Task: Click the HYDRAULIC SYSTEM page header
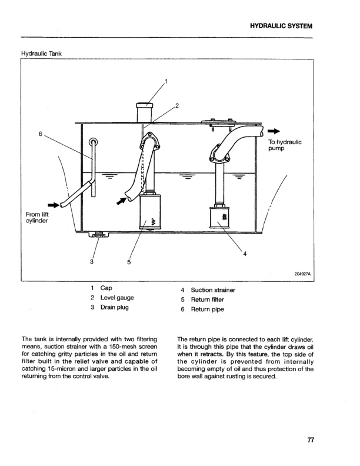coord(281,26)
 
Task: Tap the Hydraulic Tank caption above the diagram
coord(42,54)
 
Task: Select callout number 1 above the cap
coord(166,81)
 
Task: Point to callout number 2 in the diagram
coord(177,106)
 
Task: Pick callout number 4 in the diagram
coord(245,254)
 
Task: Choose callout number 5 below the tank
coord(128,262)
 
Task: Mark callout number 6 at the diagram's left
coord(41,134)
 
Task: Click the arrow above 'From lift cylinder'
coord(52,205)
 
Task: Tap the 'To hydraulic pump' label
coord(285,145)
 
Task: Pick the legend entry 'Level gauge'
coord(118,298)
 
